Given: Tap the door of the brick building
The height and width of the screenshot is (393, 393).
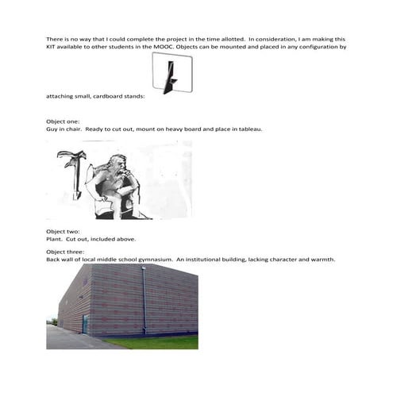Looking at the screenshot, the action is pos(84,324).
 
